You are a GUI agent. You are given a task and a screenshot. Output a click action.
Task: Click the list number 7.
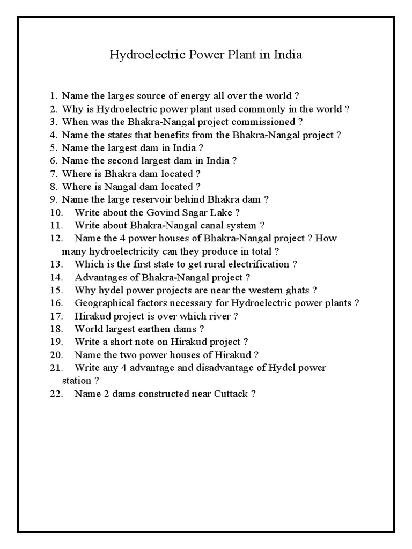[x=53, y=174]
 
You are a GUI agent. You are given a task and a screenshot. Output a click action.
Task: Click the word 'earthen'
[x=156, y=329]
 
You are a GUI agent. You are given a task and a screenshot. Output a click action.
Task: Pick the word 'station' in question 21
[x=77, y=381]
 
